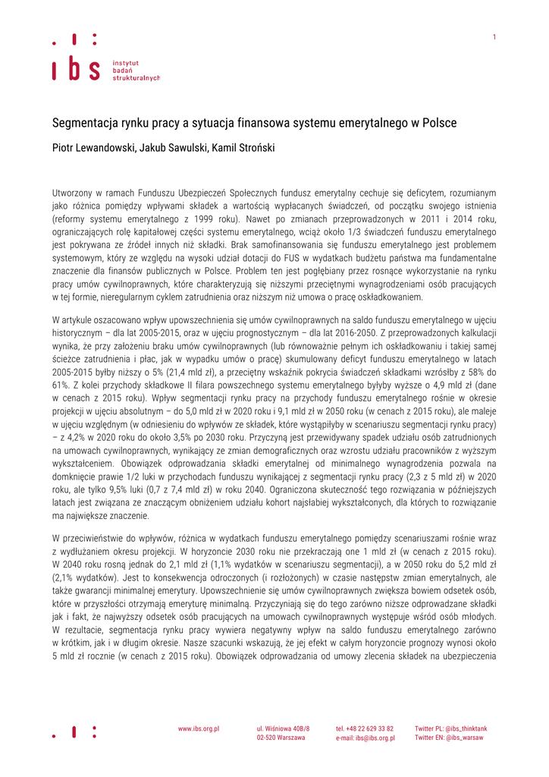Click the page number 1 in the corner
[494, 37]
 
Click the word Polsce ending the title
[439, 123]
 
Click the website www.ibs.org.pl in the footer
[199, 728]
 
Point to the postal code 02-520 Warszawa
[281, 738]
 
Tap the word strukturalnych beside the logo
[136, 77]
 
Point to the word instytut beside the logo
[125, 62]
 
